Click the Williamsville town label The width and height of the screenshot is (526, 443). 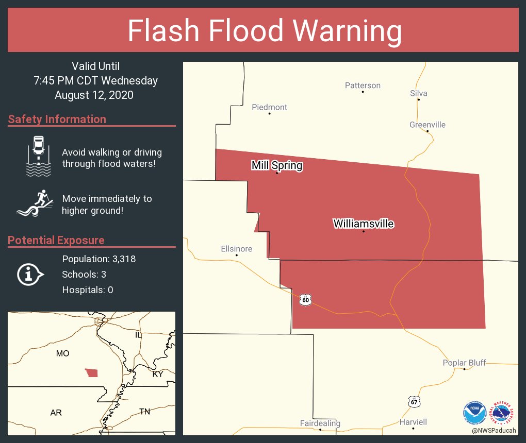(364, 224)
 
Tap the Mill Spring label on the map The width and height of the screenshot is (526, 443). (277, 165)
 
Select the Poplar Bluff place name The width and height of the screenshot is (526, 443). (464, 363)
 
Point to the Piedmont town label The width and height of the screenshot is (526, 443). (269, 107)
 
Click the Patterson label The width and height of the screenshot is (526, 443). (363, 86)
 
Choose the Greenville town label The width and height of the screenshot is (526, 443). (428, 125)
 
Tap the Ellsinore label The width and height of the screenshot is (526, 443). (237, 249)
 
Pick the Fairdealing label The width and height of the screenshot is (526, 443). (320, 423)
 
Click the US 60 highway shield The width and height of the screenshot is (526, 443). (306, 299)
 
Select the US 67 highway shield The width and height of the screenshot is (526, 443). (414, 402)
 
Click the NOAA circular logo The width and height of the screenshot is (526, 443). (474, 413)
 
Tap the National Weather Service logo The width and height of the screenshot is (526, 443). (503, 413)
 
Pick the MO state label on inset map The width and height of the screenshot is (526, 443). (62, 353)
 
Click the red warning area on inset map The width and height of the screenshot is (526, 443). (92, 372)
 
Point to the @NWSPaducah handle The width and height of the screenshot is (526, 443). (494, 430)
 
